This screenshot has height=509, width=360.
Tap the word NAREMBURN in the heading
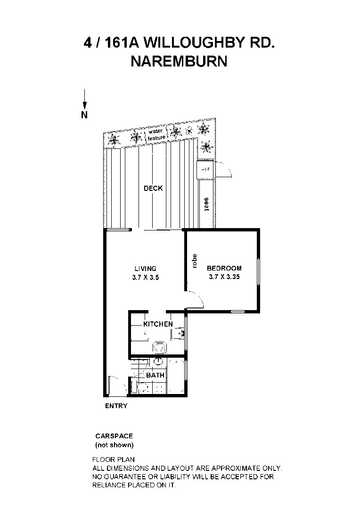point(179,61)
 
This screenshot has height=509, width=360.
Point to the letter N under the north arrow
point(84,115)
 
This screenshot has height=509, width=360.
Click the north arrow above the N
point(84,99)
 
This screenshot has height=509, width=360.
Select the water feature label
point(156,134)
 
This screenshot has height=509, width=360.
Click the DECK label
point(153,189)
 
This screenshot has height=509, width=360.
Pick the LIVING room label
point(145,269)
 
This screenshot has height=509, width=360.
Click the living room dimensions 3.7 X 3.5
point(145,278)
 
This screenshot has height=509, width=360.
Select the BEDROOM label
point(224,268)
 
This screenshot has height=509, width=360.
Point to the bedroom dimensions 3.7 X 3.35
point(224,277)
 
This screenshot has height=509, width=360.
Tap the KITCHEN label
point(158,324)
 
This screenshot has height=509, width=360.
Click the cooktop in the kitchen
point(159,347)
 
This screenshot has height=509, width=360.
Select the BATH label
point(155,375)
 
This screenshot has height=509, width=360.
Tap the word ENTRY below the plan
point(116,406)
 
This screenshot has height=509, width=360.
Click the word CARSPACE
point(114,436)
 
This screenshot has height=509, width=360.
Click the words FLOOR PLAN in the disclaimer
point(114,460)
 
